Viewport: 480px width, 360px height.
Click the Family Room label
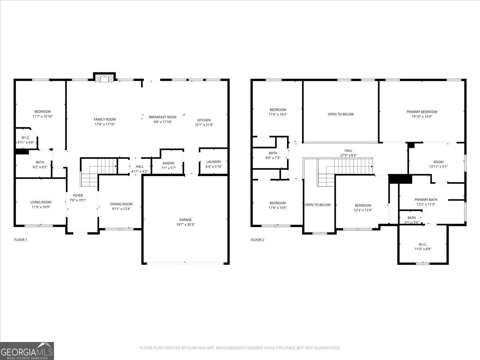104,119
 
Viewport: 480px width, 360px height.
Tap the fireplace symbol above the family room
104,78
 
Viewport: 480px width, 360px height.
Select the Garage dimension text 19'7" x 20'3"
185,225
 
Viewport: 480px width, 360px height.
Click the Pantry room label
169,163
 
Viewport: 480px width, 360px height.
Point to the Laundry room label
214,162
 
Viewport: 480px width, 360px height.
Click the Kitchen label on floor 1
204,120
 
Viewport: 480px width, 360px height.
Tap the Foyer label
78,195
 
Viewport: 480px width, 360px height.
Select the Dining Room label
121,204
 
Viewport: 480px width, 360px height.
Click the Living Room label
41,202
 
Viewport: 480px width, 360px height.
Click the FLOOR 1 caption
21,240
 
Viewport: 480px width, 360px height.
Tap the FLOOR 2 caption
258,240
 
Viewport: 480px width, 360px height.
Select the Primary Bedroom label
422,112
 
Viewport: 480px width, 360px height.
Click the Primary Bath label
426,200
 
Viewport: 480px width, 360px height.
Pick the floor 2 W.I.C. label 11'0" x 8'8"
423,244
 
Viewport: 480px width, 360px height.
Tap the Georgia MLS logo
27,351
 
